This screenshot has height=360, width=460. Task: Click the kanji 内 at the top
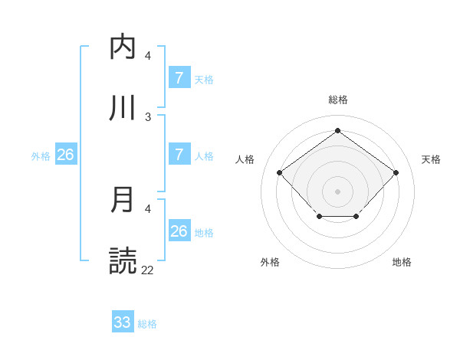(123, 47)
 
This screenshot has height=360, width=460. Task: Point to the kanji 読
(123, 261)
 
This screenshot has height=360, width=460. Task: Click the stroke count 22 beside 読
(148, 270)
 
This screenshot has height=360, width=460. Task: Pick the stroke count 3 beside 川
(148, 117)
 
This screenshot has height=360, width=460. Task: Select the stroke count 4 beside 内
(148, 56)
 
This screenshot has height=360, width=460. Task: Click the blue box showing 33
(123, 322)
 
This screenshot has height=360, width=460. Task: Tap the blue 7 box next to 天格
(179, 77)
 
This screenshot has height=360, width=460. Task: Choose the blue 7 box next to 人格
(179, 154)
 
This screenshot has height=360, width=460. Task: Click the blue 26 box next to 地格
(179, 231)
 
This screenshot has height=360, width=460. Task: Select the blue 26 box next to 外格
(65, 154)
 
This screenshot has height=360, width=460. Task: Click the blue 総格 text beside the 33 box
(147, 324)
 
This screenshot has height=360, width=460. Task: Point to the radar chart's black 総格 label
(337, 100)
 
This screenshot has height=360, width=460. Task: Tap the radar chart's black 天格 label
(431, 159)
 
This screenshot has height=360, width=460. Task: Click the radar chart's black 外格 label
(270, 262)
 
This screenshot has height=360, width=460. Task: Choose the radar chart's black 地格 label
(402, 262)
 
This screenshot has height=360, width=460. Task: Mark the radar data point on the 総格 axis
(337, 130)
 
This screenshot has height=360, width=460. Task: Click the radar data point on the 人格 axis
(280, 172)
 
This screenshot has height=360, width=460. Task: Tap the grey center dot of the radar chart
(337, 191)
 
